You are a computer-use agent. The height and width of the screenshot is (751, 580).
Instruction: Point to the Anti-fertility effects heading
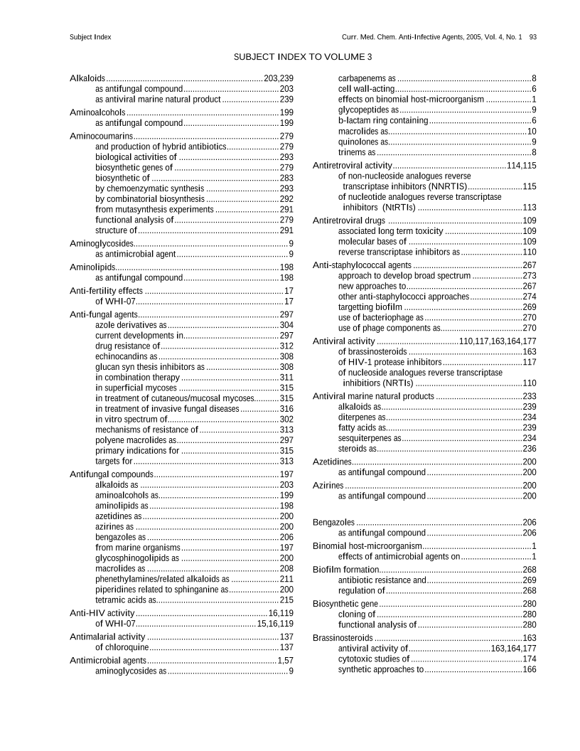[106, 291]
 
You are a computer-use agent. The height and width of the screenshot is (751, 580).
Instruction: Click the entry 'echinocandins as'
[127, 356]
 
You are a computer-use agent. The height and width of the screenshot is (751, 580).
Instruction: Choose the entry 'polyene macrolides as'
[136, 440]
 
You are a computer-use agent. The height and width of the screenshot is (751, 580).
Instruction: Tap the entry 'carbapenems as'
[367, 78]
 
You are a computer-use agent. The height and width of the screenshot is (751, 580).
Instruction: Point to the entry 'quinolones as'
[362, 142]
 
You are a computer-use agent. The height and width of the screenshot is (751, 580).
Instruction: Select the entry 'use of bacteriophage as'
[380, 318]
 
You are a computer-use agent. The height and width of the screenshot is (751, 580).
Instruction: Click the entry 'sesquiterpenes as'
[370, 438]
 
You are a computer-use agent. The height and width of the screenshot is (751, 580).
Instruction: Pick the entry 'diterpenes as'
[362, 417]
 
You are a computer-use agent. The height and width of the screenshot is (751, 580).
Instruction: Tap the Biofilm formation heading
[346, 570]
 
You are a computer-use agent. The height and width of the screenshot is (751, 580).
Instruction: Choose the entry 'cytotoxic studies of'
[374, 659]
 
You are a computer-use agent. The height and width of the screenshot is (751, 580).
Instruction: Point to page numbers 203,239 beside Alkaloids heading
[279, 78]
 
